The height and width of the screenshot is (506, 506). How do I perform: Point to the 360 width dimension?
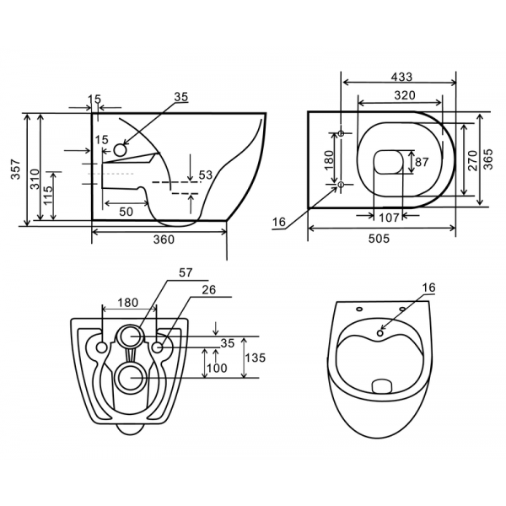[x=163, y=240]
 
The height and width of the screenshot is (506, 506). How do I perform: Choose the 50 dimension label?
[x=126, y=212]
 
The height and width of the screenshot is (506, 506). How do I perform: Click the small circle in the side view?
[x=120, y=150]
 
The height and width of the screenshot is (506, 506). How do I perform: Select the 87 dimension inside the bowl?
[x=423, y=161]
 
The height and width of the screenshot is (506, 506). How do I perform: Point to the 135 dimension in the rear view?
[x=256, y=358]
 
